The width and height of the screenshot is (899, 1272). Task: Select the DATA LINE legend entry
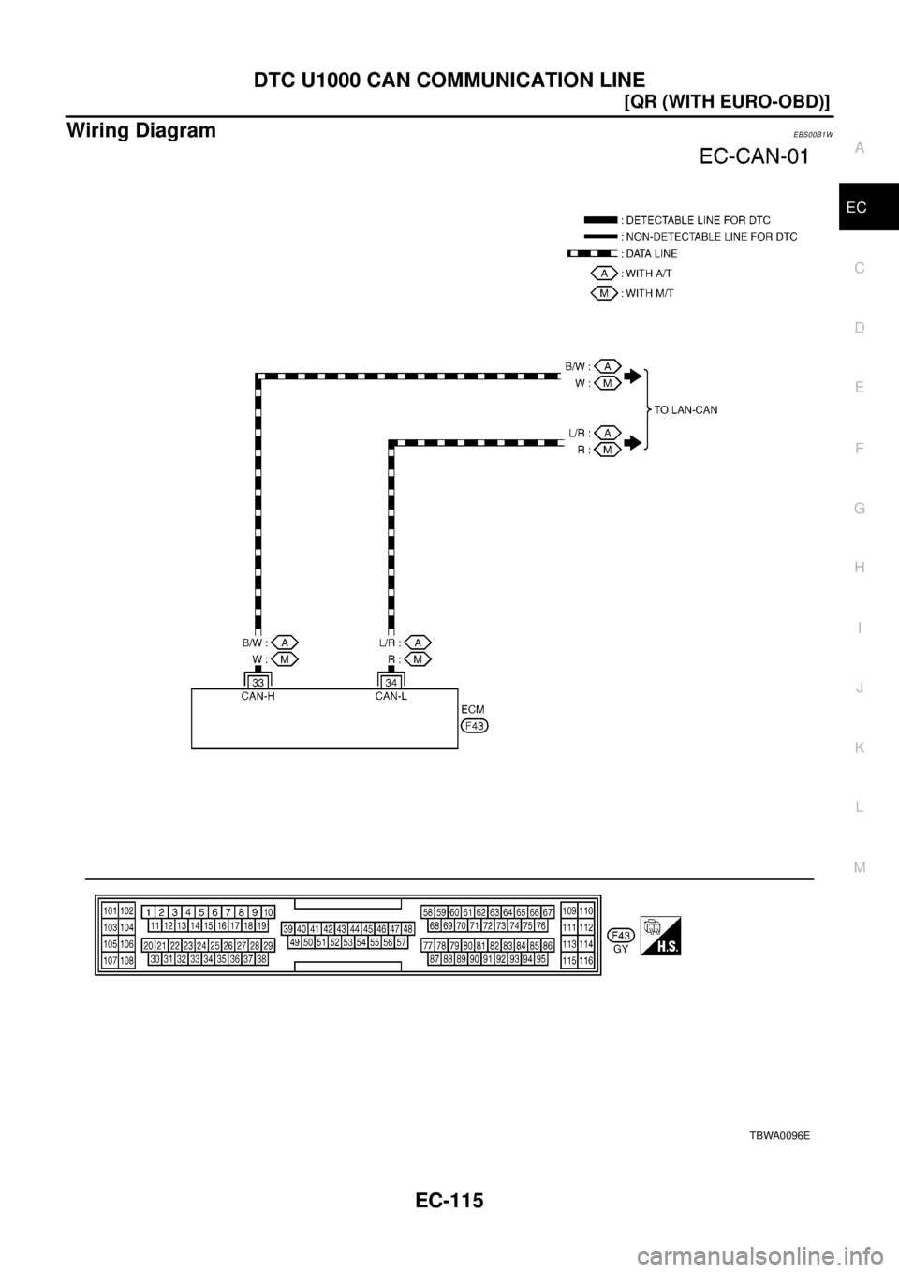click(x=650, y=254)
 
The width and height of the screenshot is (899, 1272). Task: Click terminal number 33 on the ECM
click(x=256, y=683)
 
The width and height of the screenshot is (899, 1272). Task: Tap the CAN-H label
click(x=256, y=696)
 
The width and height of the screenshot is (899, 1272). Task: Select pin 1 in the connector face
click(x=149, y=912)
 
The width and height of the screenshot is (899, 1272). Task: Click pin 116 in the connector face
click(x=586, y=961)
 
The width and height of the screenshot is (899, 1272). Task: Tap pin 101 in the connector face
click(x=110, y=910)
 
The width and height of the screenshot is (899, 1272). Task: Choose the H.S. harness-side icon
click(x=661, y=935)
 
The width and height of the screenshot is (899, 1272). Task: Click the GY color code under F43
click(x=620, y=948)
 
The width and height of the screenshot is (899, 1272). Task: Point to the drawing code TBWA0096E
click(x=778, y=1135)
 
